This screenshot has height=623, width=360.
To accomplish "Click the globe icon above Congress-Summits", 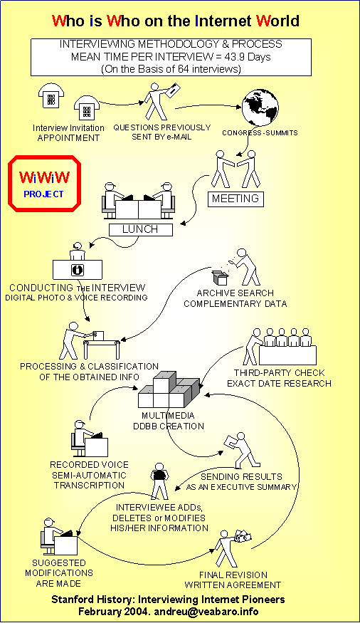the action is tap(260, 107).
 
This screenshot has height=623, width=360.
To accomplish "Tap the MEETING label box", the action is tap(235, 199).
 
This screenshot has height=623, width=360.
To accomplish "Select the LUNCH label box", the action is tap(140, 229).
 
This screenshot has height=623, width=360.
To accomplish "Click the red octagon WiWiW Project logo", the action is tap(44, 184).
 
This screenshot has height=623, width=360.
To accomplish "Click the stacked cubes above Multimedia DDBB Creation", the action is tap(169, 389).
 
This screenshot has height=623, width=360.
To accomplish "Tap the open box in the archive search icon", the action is tap(220, 277).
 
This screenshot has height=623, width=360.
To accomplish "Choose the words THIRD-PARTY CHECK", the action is tap(279, 372).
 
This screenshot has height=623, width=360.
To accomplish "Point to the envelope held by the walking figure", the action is tap(173, 90).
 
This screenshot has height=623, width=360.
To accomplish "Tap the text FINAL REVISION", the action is tap(233, 575).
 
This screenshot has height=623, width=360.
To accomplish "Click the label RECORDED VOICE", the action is tap(90, 464).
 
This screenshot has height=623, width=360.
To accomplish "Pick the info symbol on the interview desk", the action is tap(78, 270).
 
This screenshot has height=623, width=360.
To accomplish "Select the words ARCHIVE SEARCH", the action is tap(235, 293).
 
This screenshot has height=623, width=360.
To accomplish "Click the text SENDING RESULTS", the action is tap(241, 476).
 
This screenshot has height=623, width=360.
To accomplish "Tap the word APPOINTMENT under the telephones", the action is tap(68, 138).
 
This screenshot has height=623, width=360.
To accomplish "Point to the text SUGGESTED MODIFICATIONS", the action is tap(59, 567).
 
